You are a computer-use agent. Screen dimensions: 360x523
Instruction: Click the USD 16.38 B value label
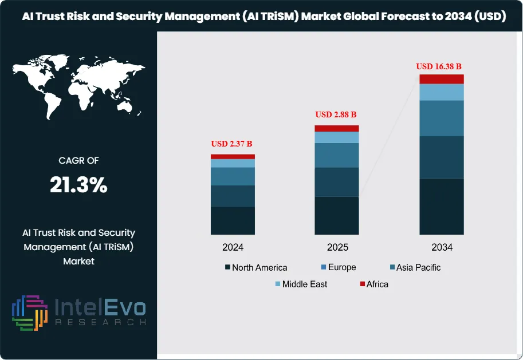(441, 66)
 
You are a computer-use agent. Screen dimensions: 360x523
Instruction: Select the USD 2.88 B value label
(336, 114)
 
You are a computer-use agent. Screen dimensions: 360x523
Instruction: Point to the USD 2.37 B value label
(232, 143)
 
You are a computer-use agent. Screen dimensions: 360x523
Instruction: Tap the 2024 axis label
(233, 248)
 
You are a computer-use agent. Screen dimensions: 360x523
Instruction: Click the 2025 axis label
(337, 248)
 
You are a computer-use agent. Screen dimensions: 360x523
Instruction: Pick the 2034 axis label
(442, 248)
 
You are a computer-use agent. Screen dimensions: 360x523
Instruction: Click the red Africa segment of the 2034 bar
(442, 79)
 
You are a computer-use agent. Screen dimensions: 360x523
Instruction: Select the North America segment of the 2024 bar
(233, 220)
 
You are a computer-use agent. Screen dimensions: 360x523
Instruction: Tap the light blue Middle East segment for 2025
(337, 137)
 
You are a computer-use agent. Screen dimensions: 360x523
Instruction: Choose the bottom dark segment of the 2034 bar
(442, 206)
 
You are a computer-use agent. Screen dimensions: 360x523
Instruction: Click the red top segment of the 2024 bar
(233, 156)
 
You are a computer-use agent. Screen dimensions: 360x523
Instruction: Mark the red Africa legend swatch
(362, 284)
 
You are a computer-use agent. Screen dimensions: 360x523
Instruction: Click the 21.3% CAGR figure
(78, 184)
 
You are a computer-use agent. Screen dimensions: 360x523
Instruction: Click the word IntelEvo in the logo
(100, 308)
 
